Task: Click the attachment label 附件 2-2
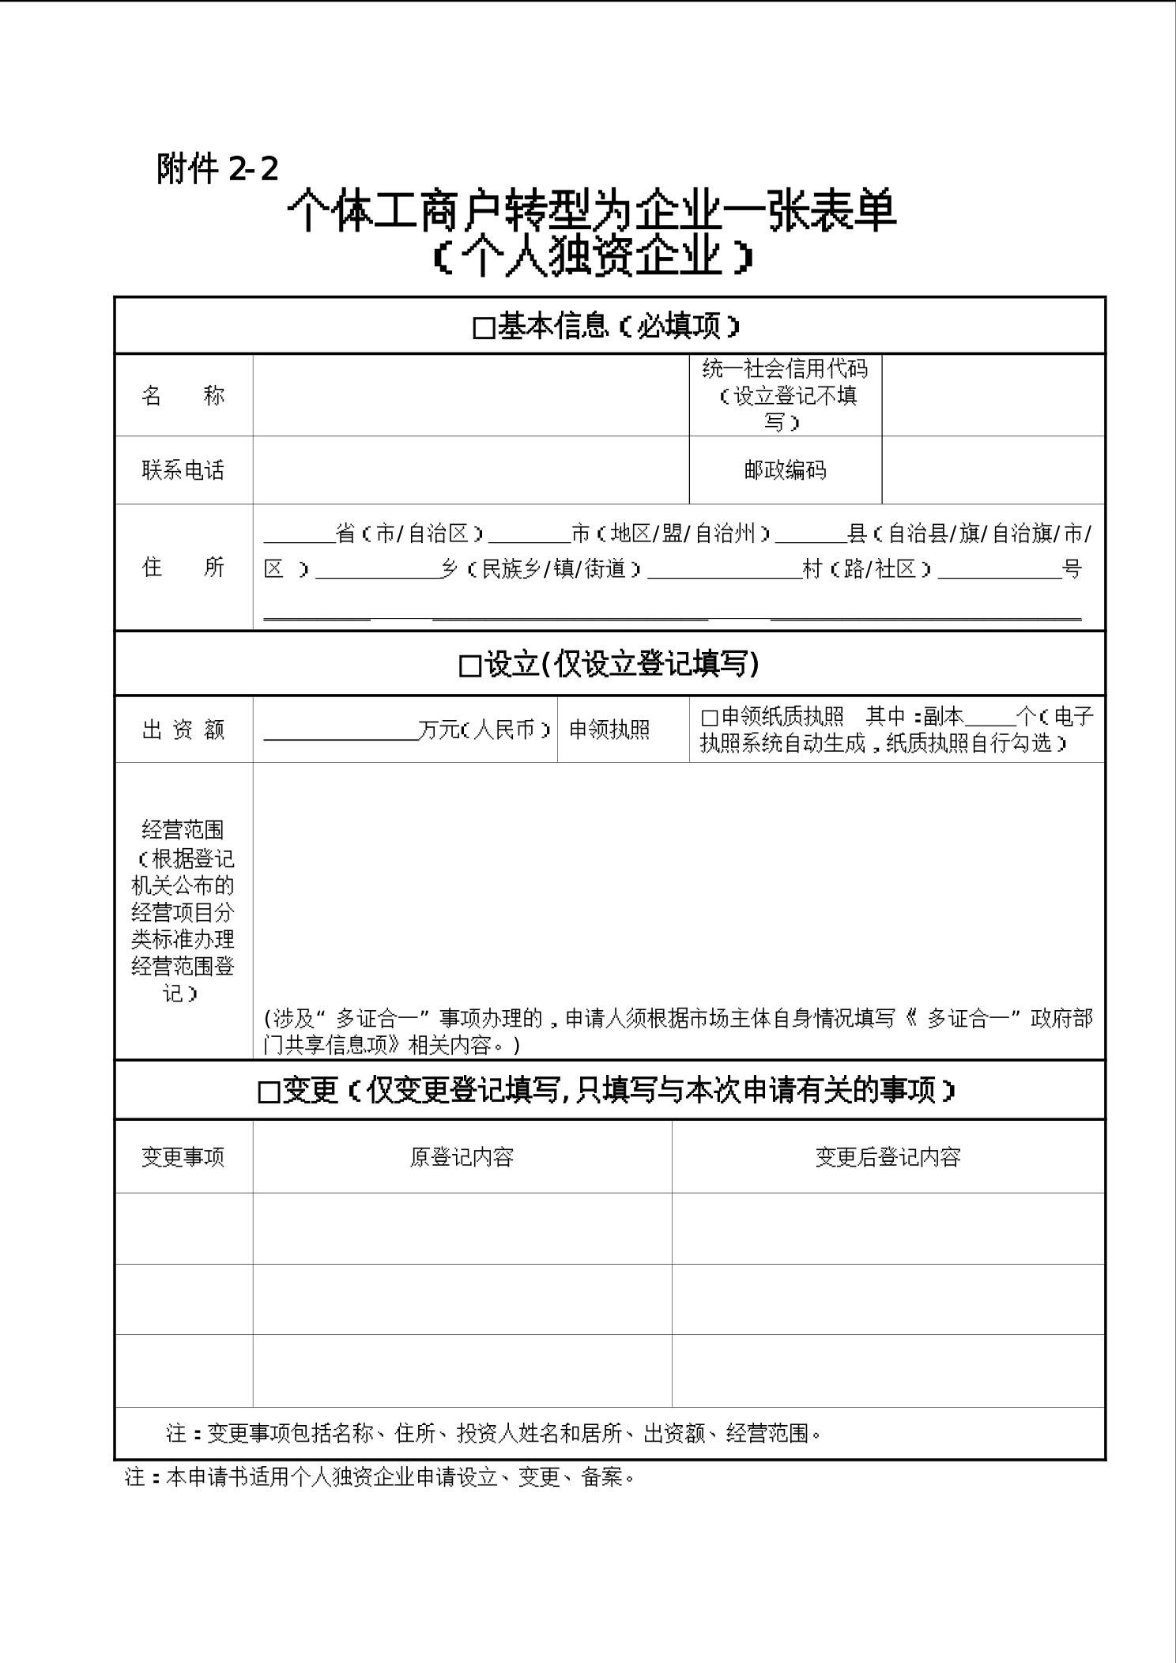tap(217, 168)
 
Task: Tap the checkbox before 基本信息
tap(483, 328)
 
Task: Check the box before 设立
tap(469, 666)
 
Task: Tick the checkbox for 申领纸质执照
tap(709, 718)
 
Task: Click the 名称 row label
tap(183, 395)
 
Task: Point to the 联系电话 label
tap(183, 470)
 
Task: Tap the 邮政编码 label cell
tap(785, 470)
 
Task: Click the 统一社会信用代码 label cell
tap(785, 394)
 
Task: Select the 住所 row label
tap(183, 567)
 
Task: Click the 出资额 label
tap(183, 730)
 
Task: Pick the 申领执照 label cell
tap(609, 730)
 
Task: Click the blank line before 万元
tap(340, 732)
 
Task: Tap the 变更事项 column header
tap(183, 1157)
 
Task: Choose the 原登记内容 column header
tap(462, 1157)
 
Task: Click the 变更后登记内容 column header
tap(888, 1157)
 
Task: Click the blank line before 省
tap(299, 536)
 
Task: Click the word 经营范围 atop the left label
tap(183, 830)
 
